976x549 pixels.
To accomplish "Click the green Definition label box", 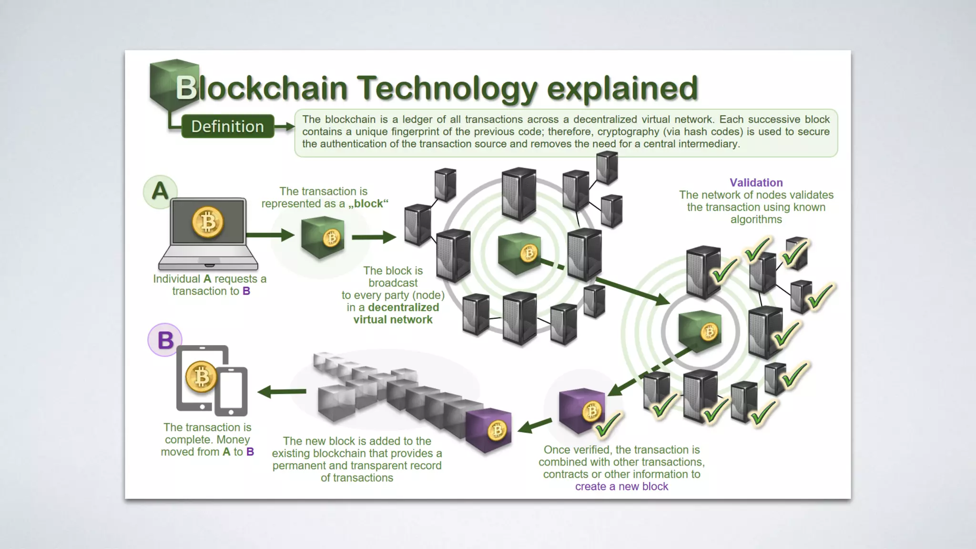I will tap(227, 126).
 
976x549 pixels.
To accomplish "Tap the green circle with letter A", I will tap(160, 192).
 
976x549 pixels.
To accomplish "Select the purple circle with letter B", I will tap(165, 340).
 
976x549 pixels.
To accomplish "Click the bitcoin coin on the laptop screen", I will tap(208, 222).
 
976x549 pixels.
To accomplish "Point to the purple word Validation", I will tap(756, 183).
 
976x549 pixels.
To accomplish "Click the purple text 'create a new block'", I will tap(621, 487).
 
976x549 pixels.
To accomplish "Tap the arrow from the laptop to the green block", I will tap(270, 234).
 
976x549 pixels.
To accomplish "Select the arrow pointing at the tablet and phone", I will tap(282, 392).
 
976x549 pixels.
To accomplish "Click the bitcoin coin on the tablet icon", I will tap(201, 377).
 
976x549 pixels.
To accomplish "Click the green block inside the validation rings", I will tap(700, 331).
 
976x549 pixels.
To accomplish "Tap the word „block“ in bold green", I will tap(368, 204).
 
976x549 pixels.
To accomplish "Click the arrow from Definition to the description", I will tap(285, 127).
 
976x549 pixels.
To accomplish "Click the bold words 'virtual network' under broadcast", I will tap(393, 320).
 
